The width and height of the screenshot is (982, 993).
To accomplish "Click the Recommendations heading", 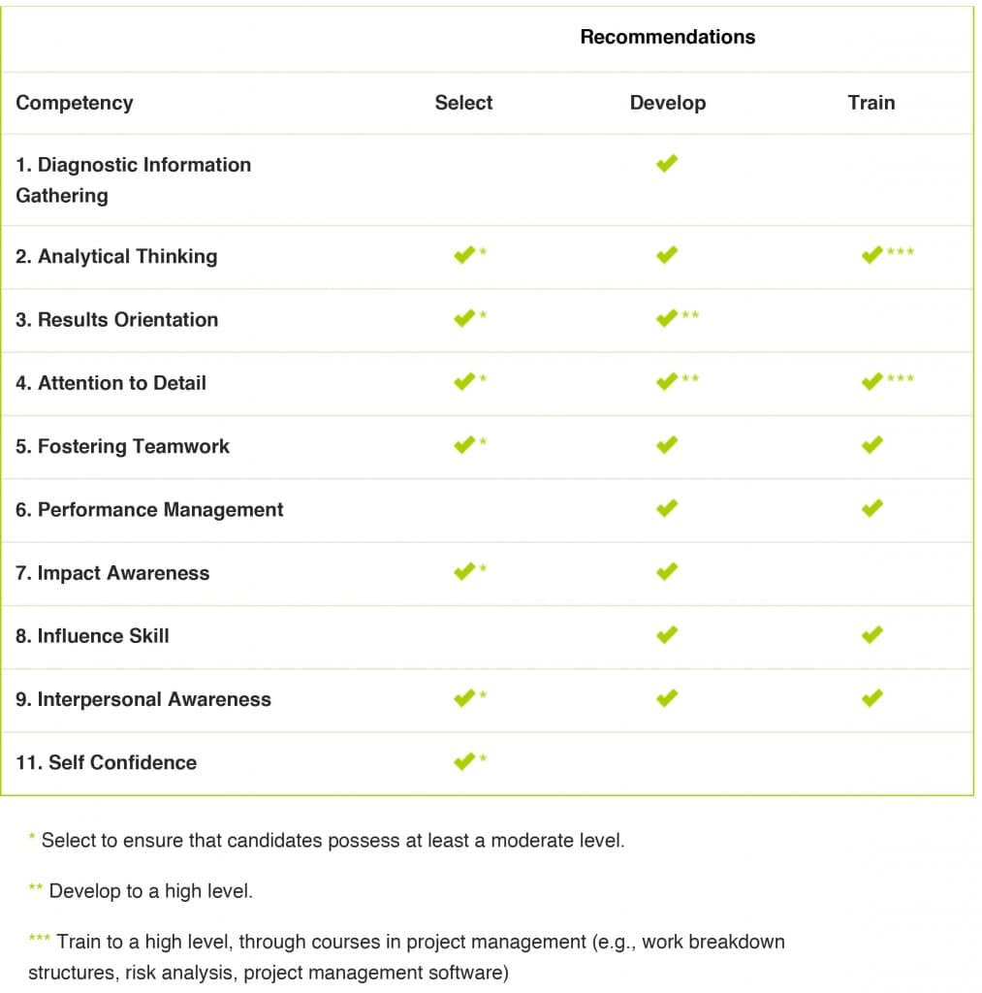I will (x=667, y=38).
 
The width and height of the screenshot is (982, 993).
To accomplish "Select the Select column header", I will (x=463, y=103).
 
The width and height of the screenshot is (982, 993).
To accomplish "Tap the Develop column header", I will (x=667, y=103).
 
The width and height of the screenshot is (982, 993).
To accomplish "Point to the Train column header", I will (x=871, y=103).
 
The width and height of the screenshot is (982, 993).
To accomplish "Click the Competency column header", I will (x=75, y=103).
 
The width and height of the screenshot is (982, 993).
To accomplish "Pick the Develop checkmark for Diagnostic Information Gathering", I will (x=666, y=164).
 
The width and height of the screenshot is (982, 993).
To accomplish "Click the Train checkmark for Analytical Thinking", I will (x=871, y=255).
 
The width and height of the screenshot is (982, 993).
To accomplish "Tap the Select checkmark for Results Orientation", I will (x=463, y=318).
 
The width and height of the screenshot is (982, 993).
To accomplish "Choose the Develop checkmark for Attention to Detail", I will (x=666, y=381).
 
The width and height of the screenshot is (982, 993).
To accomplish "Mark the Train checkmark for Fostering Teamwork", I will (x=871, y=445).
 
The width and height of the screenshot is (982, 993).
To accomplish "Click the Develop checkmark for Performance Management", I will (x=666, y=508).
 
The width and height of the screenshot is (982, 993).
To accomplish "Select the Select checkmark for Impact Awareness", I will (x=463, y=571).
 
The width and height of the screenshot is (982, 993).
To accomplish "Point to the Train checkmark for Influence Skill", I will (x=871, y=634).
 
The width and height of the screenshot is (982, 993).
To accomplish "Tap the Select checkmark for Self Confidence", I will (x=463, y=761).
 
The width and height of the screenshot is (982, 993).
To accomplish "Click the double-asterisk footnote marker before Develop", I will (x=36, y=887).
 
